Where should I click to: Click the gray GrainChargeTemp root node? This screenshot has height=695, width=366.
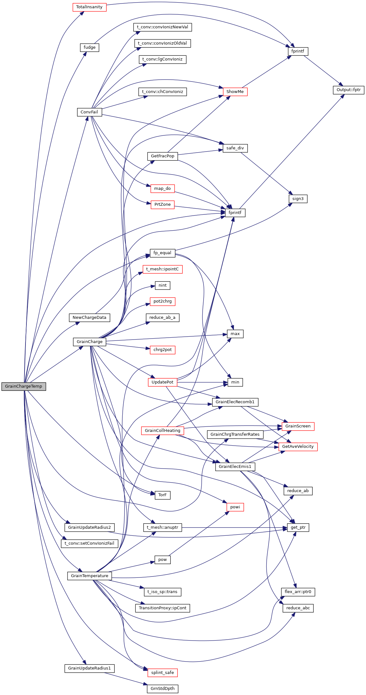point(24,386)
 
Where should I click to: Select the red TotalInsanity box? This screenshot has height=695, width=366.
point(89,7)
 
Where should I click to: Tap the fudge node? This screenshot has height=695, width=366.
point(90,47)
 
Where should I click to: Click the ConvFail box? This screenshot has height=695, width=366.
point(89,112)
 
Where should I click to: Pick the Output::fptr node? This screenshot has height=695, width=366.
point(348,90)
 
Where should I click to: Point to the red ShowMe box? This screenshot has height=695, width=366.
point(235,92)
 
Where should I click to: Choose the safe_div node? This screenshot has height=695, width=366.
point(235,148)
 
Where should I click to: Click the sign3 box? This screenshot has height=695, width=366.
point(298,199)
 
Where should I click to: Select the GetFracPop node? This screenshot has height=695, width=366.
point(162,156)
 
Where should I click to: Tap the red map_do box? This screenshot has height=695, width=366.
point(162,189)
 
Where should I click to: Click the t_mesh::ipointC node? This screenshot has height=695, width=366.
point(162,269)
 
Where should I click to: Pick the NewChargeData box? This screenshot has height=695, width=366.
point(90,318)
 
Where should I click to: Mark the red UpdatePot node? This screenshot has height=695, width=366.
point(162,382)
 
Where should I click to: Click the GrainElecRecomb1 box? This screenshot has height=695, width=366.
point(235,402)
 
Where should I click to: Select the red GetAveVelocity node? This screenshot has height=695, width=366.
point(298,447)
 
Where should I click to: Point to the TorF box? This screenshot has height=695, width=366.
point(162,495)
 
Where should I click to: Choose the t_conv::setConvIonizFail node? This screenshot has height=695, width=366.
point(90,543)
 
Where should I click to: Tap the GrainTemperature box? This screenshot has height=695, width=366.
point(90,576)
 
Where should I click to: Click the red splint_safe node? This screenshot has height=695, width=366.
point(162,673)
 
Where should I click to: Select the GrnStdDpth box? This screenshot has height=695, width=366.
point(162,689)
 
